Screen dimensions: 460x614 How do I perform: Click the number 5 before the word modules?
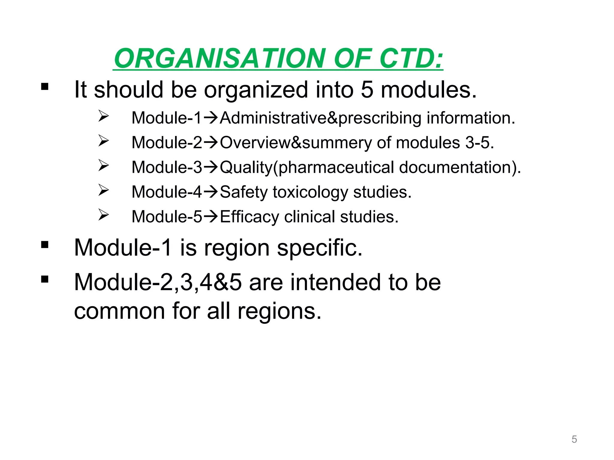[x=367, y=90]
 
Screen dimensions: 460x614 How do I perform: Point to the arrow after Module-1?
[x=210, y=118]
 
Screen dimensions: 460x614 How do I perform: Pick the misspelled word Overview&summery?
[x=296, y=143]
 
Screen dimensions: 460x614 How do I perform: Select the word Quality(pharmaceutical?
[x=307, y=167]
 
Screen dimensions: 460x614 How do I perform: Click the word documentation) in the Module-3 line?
[x=460, y=167]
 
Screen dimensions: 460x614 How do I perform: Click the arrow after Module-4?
[x=210, y=192]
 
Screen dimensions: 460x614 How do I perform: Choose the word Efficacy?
[x=249, y=217]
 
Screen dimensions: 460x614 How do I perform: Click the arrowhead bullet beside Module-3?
[x=103, y=165]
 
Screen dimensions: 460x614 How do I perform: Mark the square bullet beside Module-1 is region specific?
[x=45, y=245]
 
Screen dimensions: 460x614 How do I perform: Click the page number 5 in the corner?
[x=574, y=439]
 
